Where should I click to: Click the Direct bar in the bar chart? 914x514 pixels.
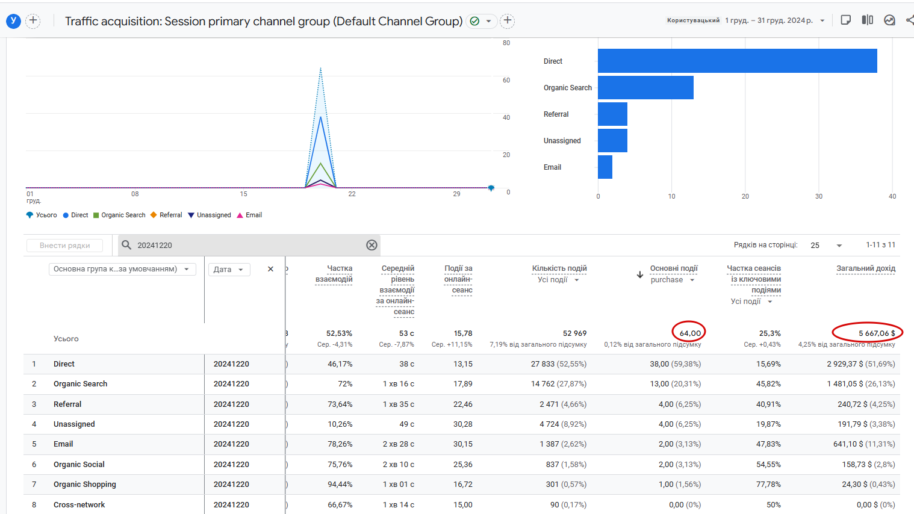[x=737, y=61]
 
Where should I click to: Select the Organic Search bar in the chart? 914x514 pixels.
[x=645, y=87]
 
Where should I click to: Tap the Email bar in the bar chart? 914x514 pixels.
[x=605, y=167]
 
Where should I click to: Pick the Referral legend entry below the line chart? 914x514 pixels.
[x=170, y=215]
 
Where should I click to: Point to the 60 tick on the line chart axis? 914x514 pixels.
[x=506, y=80]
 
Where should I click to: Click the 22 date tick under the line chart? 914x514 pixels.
[x=352, y=194]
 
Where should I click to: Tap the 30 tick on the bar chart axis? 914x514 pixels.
[x=819, y=196]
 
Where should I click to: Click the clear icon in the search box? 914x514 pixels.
[x=372, y=245]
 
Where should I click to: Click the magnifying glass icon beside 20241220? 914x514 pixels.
[x=126, y=245]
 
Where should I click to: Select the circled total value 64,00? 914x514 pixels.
[x=690, y=333]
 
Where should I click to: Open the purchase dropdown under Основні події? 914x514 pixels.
[x=673, y=280]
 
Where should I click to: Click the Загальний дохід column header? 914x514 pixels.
[x=865, y=268]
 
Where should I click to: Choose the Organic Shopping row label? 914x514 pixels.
[x=84, y=485]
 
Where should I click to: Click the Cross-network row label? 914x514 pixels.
[x=79, y=504]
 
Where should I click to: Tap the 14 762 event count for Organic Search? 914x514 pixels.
[x=559, y=384]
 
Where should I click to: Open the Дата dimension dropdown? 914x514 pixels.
[x=228, y=270]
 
